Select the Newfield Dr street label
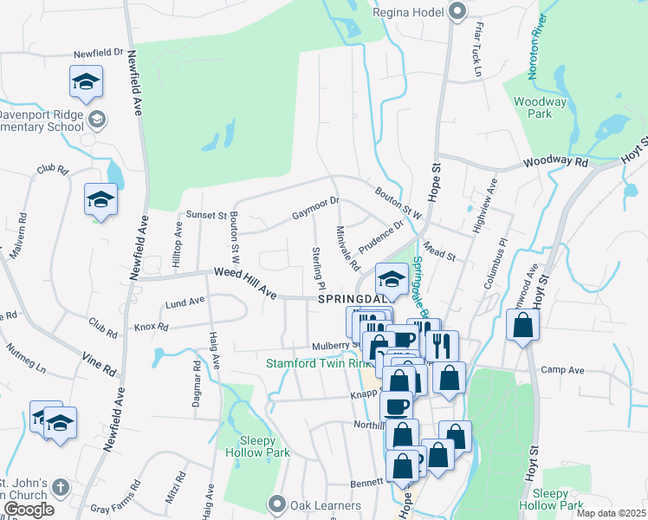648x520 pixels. (98, 53)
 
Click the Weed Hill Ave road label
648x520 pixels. (245, 284)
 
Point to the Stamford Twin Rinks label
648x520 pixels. (317, 363)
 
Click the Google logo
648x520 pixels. (28, 510)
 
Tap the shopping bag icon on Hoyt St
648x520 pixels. (522, 327)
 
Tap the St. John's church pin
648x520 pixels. (60, 487)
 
